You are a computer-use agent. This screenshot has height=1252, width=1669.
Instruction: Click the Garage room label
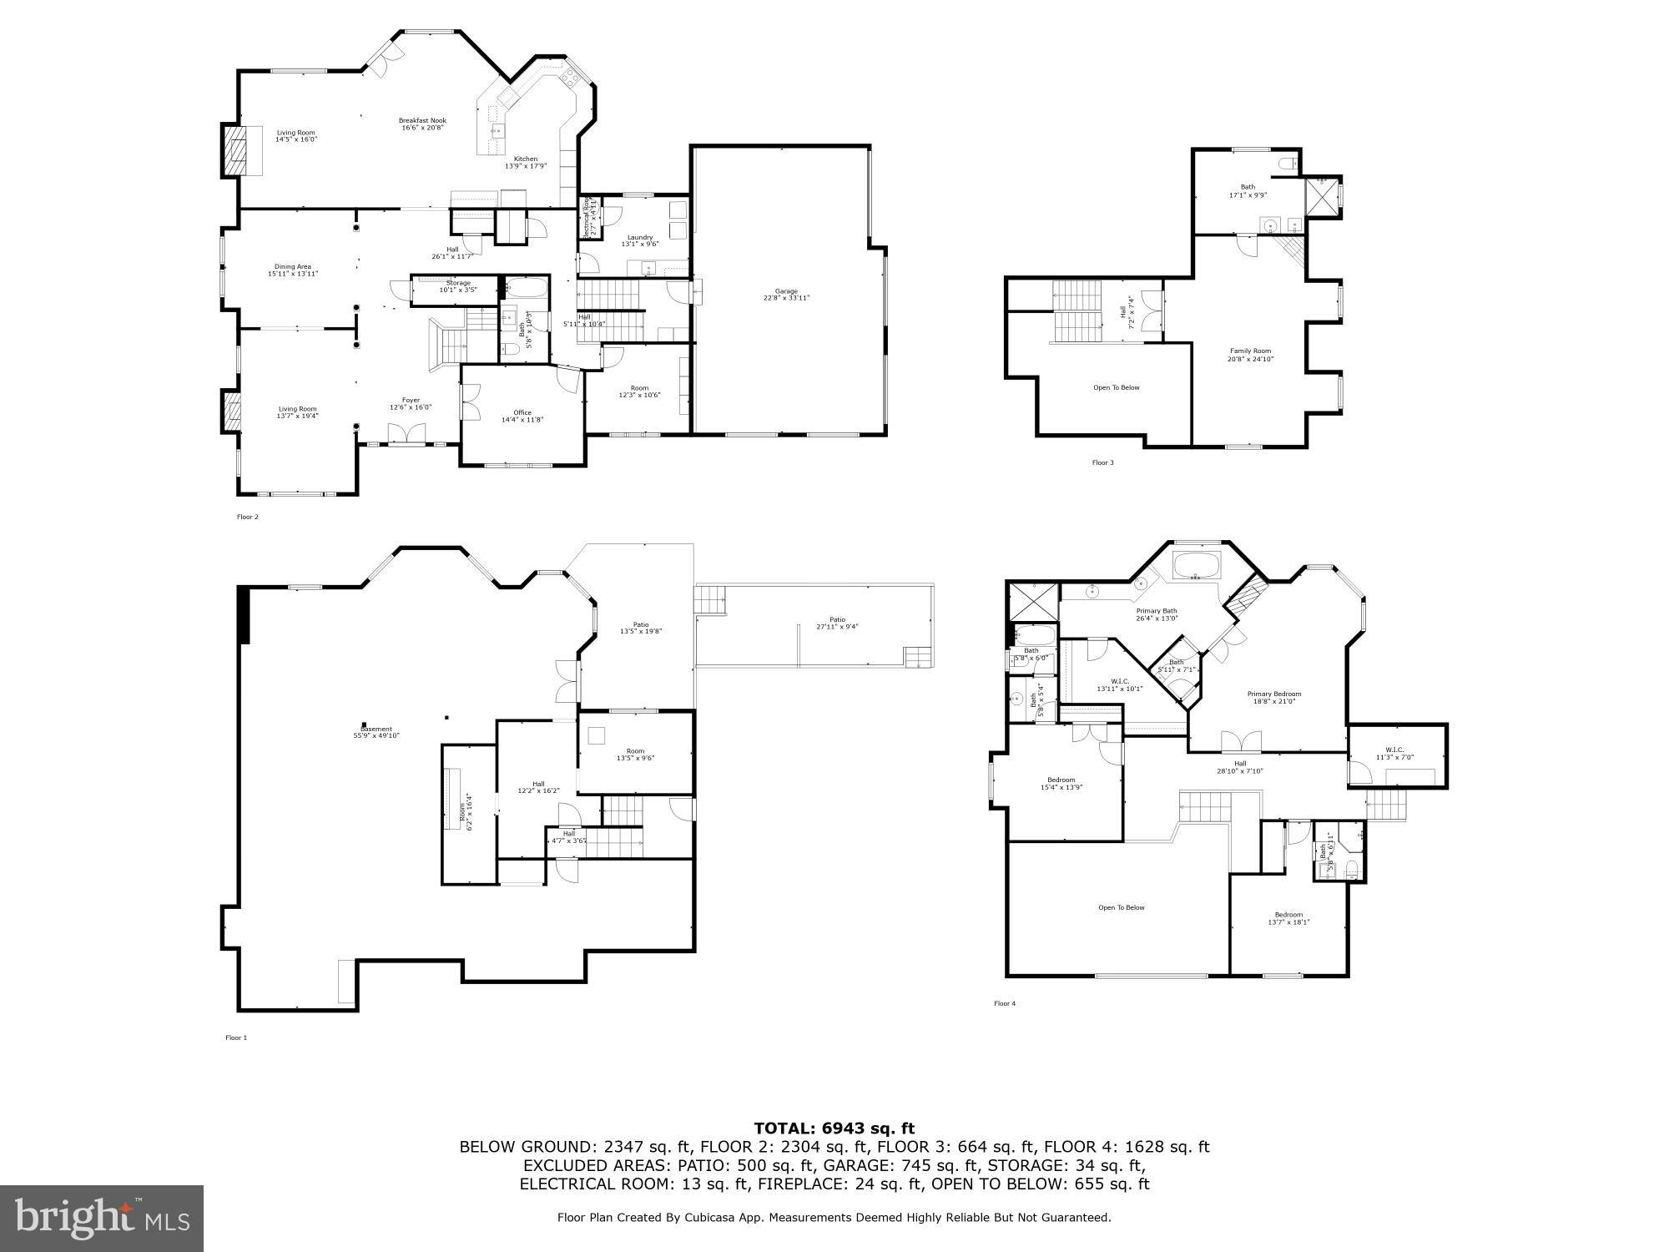[x=785, y=295]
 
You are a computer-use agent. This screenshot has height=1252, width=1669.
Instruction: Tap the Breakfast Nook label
[x=422, y=124]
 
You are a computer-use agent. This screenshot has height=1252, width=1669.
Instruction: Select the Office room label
[x=522, y=416]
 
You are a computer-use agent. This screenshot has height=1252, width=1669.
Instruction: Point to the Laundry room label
[x=640, y=240]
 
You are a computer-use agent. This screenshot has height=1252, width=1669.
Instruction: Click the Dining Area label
[x=293, y=270]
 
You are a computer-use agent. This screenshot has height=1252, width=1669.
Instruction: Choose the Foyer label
[x=411, y=403]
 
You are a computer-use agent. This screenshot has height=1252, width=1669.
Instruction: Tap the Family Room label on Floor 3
[x=1250, y=355]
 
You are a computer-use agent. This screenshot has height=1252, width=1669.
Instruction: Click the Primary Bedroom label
[x=1273, y=697]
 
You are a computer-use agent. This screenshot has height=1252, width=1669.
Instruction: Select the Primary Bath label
[x=1157, y=614]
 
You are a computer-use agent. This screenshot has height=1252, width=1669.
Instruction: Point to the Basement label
[x=376, y=732]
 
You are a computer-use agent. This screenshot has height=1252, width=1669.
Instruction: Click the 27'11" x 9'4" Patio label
[x=837, y=623]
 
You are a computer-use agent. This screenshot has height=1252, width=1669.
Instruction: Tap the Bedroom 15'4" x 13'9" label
[x=1061, y=783]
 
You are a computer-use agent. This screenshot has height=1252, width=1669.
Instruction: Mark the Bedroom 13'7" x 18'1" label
[x=1288, y=918]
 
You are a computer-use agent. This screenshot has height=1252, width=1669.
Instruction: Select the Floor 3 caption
[x=1102, y=462]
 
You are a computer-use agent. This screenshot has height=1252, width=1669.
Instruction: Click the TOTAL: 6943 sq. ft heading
[x=834, y=1128]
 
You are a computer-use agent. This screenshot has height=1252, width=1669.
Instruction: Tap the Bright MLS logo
[x=102, y=1218]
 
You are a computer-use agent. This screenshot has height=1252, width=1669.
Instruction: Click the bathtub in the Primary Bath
[x=1198, y=565]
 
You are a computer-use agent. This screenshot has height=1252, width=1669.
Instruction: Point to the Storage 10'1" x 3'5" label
[x=457, y=286]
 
